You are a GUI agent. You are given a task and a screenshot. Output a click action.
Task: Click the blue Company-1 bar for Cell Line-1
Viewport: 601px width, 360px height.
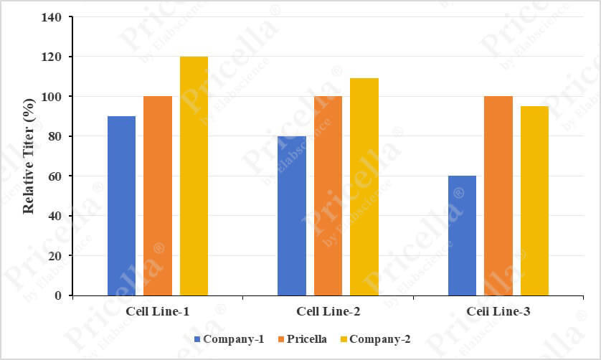coord(121,206)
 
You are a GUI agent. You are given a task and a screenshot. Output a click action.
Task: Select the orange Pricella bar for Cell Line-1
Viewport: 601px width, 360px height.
coord(158,196)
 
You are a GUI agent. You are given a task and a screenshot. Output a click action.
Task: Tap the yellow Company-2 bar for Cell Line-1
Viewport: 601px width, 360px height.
coord(194,176)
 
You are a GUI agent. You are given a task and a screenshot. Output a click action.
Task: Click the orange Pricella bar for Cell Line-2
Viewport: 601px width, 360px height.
coord(328,196)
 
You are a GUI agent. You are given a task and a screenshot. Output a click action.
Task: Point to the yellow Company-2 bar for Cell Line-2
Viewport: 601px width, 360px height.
coord(364,186)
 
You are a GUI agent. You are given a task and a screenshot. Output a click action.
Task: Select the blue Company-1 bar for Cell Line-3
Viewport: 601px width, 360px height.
coord(462,236)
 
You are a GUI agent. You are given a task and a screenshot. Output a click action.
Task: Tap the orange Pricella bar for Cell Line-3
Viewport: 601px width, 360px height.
coord(498,196)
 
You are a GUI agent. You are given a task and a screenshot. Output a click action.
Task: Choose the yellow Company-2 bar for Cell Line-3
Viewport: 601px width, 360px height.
coord(534,201)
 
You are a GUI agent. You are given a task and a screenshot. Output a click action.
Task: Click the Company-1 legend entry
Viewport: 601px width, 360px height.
coord(229,338)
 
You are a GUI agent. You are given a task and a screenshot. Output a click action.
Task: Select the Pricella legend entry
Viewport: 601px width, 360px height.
coord(301,338)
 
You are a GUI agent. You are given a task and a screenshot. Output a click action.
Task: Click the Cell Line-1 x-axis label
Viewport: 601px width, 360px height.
coord(158,311)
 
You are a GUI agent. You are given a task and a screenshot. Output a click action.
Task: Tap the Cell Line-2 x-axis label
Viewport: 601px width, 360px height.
coord(328,311)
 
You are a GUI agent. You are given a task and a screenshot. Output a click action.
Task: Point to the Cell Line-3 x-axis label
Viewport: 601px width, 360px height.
coord(498,311)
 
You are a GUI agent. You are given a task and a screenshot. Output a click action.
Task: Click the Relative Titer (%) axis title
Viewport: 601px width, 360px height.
coord(29,156)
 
